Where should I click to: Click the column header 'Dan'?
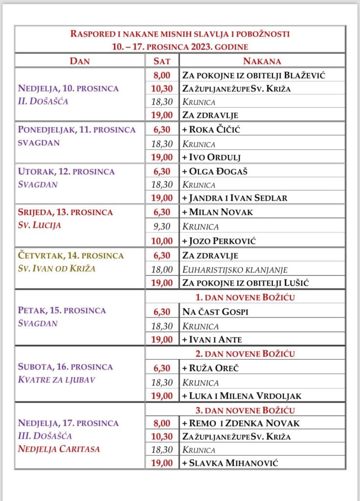80,61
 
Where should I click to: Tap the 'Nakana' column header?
262,61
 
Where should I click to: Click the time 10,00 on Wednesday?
163,241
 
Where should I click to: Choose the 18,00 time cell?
163,269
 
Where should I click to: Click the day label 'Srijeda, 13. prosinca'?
66,212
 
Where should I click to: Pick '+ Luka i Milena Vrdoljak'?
242,396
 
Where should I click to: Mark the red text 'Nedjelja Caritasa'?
59,449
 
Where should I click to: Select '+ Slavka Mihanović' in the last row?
230,463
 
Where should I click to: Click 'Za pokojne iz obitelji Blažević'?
254,75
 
